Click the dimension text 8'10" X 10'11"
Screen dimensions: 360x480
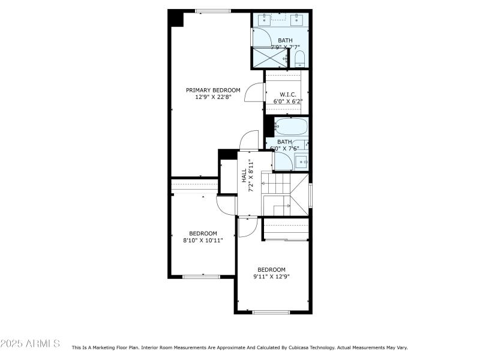(203, 240)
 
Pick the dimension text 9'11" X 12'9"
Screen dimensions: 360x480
(271, 277)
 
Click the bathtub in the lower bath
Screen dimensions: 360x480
(291, 127)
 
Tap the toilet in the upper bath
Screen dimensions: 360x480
(300, 58)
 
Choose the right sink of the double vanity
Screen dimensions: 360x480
(296, 20)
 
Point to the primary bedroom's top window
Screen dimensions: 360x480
(212, 11)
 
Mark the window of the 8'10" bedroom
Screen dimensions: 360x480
(202, 276)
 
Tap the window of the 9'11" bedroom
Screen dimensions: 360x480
(271, 312)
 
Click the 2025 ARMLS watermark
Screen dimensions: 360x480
(30, 344)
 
